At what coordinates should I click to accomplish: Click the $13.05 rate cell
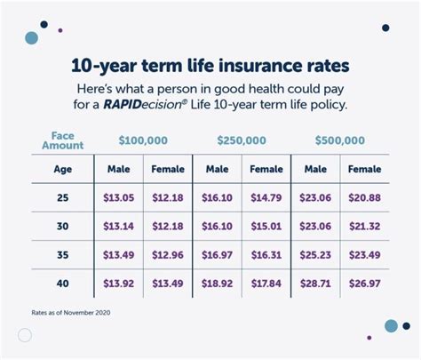[119, 198]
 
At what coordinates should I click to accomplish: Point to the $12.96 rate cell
[169, 254]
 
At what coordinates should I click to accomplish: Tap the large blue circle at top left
[32, 38]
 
